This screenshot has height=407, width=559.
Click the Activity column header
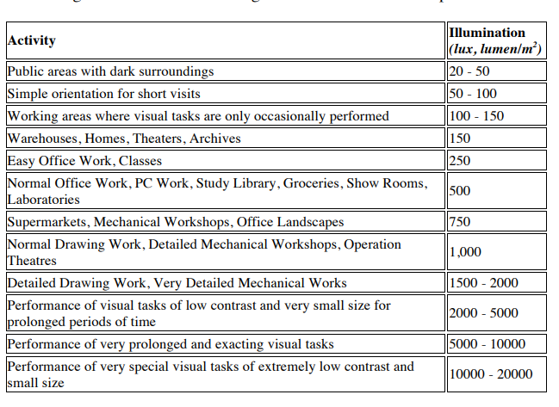pos(31,40)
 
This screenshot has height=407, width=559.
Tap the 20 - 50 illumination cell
pos(469,71)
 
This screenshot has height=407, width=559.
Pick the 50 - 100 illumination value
pos(473,94)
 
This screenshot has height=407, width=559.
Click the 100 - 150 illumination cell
pos(476,116)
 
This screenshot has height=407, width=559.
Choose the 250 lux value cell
pos(461,161)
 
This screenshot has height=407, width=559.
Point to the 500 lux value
pos(461,191)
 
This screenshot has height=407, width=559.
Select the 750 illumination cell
pos(461,222)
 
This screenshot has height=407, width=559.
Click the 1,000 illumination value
pos(465,252)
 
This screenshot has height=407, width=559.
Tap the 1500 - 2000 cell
pos(483,283)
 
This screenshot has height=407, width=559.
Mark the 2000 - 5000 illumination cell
pos(483,313)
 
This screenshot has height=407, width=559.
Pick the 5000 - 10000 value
pos(487,344)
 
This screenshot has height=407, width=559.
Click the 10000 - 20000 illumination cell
pos(490,374)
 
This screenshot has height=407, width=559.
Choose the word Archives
pos(214,139)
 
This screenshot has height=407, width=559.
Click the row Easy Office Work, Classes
pos(84,161)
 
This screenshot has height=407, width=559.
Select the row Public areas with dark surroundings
pos(110,71)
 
